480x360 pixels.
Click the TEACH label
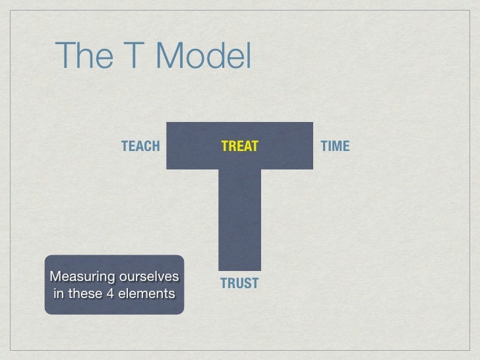pos(140,146)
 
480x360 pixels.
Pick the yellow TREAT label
pos(239,146)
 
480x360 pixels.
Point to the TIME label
pos(334,146)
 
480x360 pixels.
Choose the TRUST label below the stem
pos(239,284)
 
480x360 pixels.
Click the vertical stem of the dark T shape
pos(239,218)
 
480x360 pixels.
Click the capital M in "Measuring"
pos(55,275)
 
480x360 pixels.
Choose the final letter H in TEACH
pos(156,146)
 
